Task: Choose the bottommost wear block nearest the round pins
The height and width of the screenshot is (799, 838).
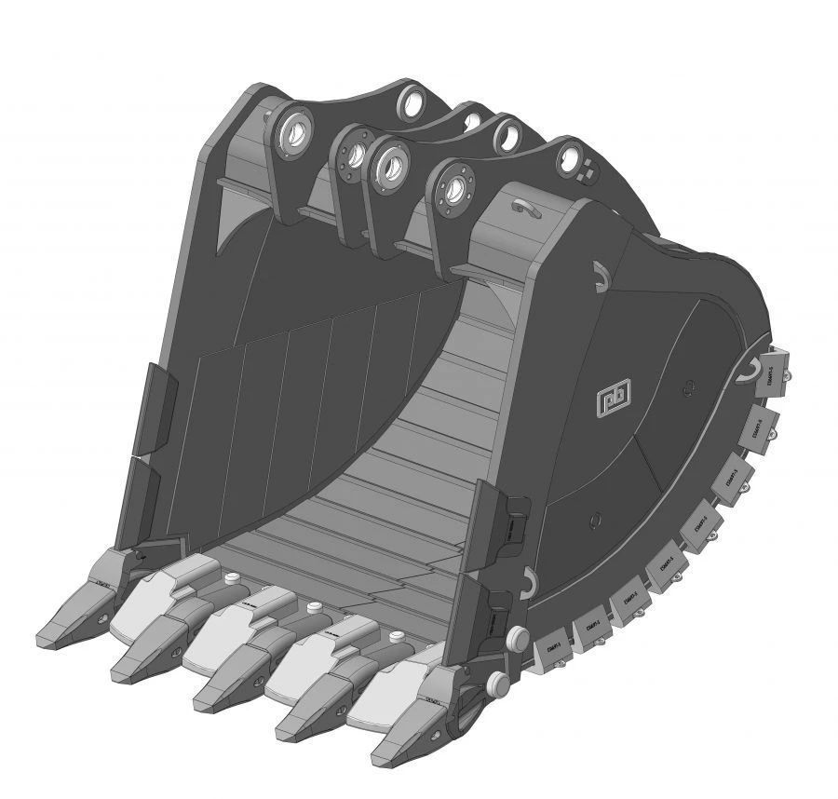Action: pyautogui.click(x=553, y=645)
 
